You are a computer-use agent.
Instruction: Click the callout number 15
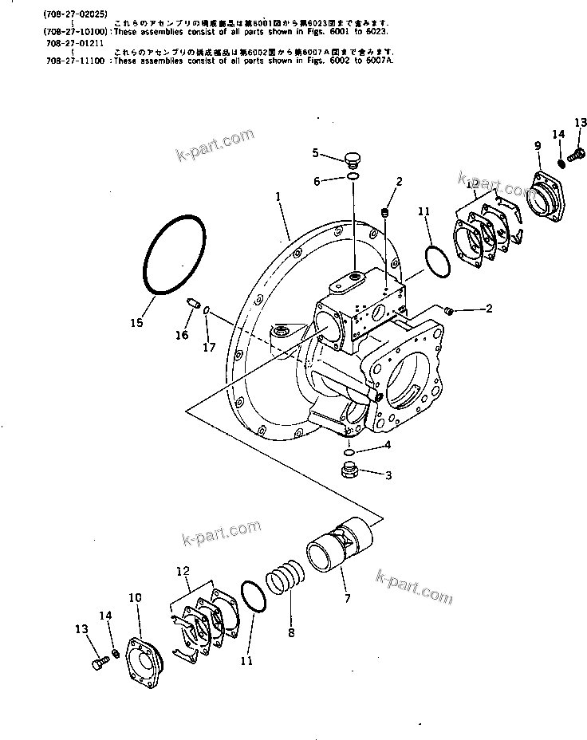tap(137, 322)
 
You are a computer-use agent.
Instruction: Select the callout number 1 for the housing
tap(278, 195)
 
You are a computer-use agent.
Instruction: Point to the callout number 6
tap(317, 182)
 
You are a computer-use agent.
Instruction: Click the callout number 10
tap(135, 597)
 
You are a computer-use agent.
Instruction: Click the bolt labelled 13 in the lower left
tap(98, 663)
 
